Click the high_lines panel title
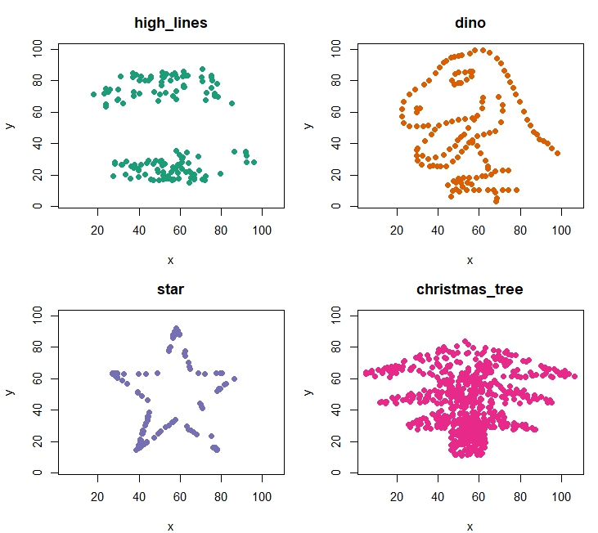click(x=170, y=23)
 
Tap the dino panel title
click(x=470, y=23)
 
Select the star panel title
click(x=170, y=289)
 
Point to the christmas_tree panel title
click(x=470, y=289)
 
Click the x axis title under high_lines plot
click(x=170, y=260)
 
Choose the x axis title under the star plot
click(x=170, y=526)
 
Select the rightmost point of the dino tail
click(x=557, y=153)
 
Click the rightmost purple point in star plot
click(x=234, y=378)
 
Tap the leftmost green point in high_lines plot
click(x=93, y=95)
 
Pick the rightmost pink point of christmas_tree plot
click(x=575, y=376)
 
